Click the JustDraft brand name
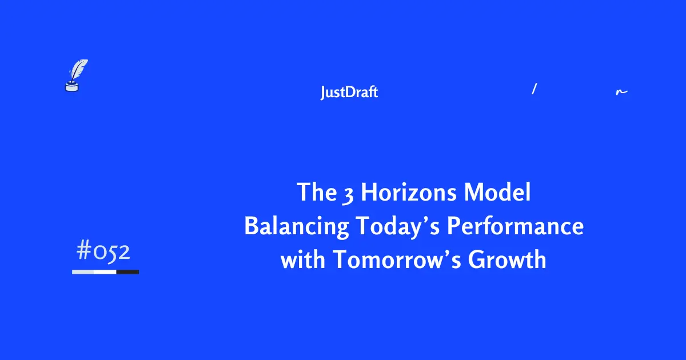(x=349, y=93)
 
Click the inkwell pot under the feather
(x=71, y=86)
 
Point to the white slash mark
(x=533, y=89)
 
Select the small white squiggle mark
(x=621, y=91)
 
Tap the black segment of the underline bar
(x=127, y=272)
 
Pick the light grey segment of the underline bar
(x=83, y=272)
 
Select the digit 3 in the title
(x=348, y=194)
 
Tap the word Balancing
(x=296, y=227)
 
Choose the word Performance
(x=515, y=227)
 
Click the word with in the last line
(x=303, y=260)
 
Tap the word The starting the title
(x=317, y=193)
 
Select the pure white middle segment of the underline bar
(x=105, y=272)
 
